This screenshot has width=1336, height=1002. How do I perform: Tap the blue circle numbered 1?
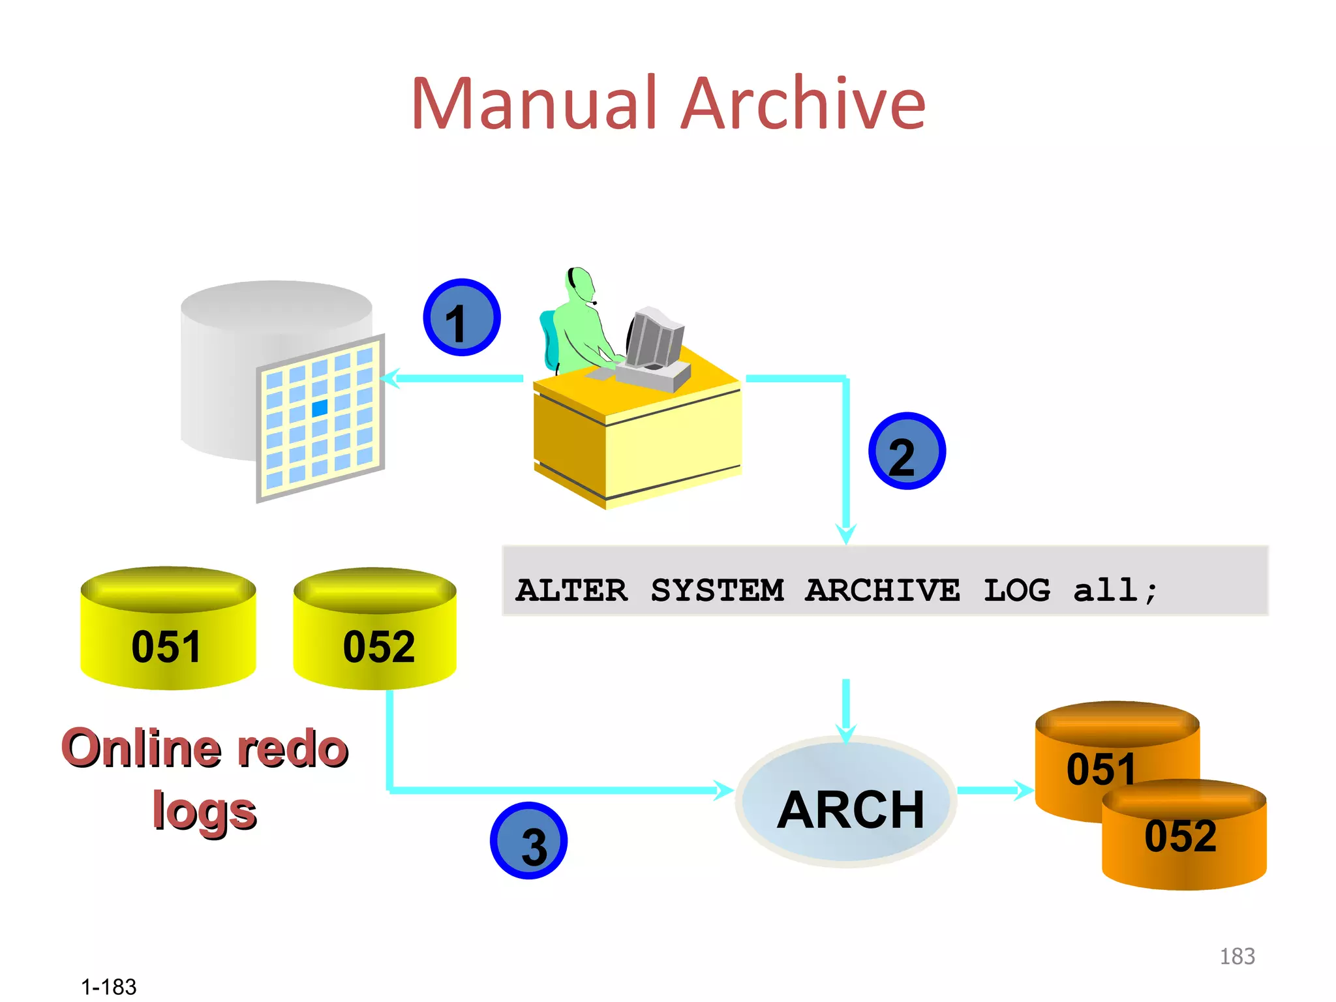click(x=461, y=318)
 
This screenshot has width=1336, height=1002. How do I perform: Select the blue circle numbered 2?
click(x=907, y=451)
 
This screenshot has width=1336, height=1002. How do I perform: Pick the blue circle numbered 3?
click(x=528, y=841)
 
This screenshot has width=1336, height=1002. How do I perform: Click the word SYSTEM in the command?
click(x=717, y=590)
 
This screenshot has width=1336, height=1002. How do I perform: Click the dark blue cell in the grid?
click(x=320, y=408)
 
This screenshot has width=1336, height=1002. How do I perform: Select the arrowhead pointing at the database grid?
click(x=389, y=378)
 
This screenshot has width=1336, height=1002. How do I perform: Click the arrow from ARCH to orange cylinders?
click(x=995, y=790)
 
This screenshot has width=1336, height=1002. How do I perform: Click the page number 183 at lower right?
click(x=1237, y=956)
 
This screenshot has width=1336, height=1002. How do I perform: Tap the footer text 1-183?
click(x=108, y=987)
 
